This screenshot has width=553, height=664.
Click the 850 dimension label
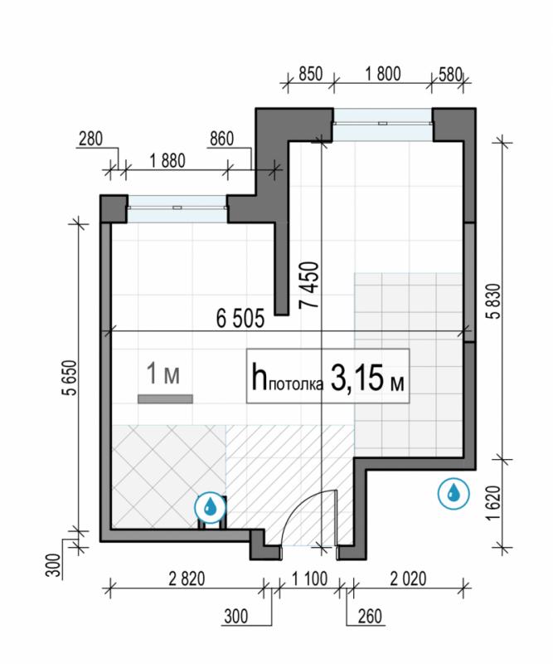pos(311,74)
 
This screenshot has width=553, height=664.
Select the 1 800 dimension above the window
pos(382,74)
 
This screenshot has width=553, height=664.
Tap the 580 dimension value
pos(450,75)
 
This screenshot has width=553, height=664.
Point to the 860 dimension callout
pos(221,139)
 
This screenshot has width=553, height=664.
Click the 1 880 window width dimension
pos(167,161)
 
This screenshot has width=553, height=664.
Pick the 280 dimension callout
pos(90,139)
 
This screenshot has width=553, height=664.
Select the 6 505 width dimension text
pos(240,319)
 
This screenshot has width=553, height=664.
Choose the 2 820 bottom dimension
pos(187,579)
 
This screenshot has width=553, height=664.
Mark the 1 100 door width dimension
pos(310,579)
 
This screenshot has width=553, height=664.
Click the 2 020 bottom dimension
pos(408,579)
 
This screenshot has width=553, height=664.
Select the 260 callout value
pos(370,617)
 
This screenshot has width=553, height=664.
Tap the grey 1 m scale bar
pos(165,399)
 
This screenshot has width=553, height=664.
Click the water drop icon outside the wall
pos(454,493)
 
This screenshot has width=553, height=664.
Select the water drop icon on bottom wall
pos(211,507)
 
